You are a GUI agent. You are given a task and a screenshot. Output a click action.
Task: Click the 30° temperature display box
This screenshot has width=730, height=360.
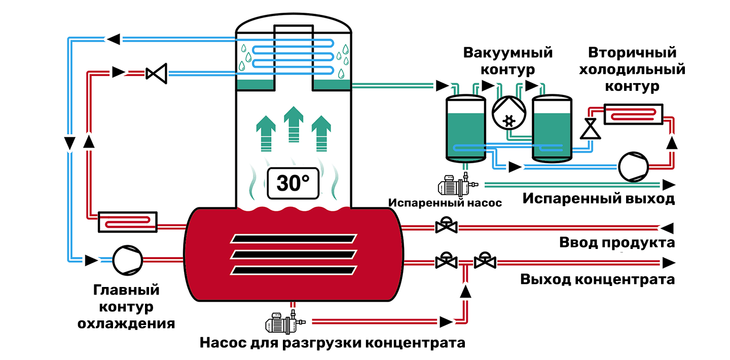click(293, 183)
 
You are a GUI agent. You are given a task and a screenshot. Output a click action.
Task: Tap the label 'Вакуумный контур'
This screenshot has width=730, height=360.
click(508, 61)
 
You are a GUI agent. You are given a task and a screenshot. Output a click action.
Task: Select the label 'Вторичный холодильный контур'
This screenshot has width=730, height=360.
click(632, 69)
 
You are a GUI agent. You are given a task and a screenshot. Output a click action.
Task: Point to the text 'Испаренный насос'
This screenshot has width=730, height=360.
click(445, 203)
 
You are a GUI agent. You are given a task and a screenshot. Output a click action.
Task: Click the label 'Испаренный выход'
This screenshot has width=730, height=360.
click(599, 199)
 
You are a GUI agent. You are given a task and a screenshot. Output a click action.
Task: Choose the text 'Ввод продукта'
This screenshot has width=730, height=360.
click(617, 242)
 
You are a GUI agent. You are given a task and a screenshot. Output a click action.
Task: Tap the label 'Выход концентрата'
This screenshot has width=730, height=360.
click(597, 279)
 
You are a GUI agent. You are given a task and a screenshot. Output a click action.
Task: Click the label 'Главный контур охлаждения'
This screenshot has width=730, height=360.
click(126, 307)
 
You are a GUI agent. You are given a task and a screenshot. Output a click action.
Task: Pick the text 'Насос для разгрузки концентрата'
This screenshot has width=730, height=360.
click(333, 343)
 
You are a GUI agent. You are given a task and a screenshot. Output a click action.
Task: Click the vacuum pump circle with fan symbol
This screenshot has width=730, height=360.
click(509, 113)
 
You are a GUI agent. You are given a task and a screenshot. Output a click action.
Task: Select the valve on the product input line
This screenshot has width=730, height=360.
click(447, 225)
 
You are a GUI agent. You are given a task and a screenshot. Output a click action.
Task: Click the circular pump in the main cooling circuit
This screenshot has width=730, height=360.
click(127, 260)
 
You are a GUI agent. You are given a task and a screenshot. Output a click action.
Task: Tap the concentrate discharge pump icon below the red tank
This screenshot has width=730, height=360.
click(285, 322)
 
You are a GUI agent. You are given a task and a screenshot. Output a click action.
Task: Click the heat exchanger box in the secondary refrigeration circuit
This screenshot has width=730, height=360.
click(633, 114)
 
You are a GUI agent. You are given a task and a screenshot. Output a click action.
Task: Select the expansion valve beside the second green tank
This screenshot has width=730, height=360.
click(590, 128)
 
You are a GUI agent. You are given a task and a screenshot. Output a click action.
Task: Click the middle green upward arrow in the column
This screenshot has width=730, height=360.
click(294, 124)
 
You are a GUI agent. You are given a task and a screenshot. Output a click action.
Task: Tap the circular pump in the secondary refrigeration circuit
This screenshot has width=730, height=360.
click(633, 167)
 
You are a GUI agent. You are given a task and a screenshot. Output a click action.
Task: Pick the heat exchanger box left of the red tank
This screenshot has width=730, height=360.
click(128, 222)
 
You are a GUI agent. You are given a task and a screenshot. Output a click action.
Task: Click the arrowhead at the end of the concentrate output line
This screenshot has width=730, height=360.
click(669, 263)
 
